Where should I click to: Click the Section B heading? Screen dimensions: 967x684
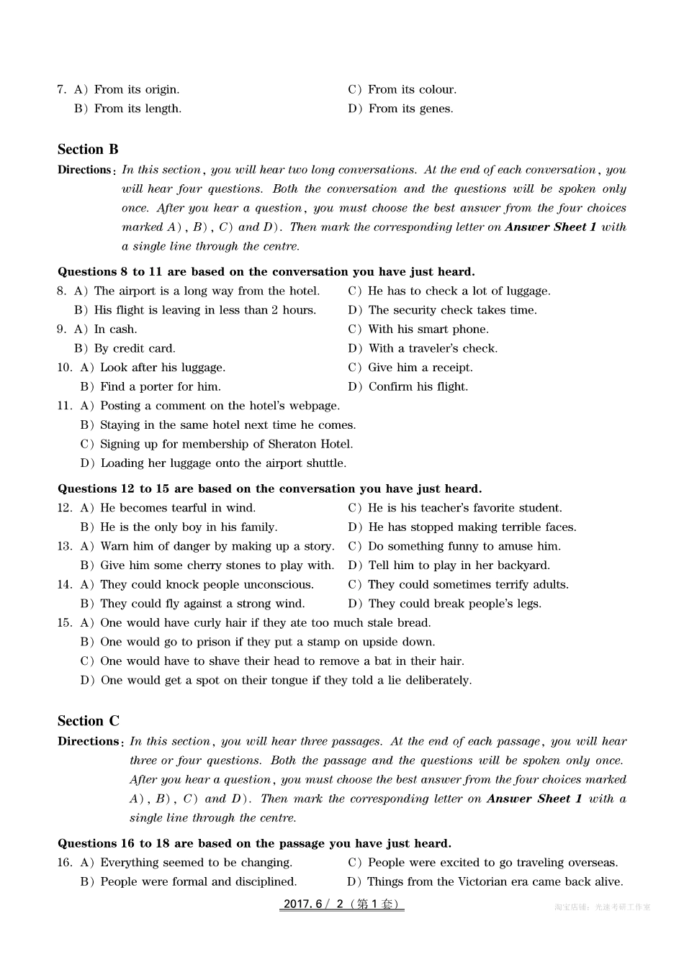(x=88, y=150)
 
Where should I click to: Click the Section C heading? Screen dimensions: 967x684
(x=89, y=721)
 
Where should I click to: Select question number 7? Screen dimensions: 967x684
(x=61, y=90)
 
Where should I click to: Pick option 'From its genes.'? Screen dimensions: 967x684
(x=410, y=109)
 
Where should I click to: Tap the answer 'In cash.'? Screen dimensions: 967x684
(x=115, y=330)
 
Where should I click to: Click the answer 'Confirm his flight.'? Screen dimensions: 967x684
(x=418, y=387)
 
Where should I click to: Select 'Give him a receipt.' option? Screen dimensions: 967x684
(x=420, y=368)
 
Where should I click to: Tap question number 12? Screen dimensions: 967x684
(x=65, y=508)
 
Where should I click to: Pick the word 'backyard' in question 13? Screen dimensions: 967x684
(x=523, y=566)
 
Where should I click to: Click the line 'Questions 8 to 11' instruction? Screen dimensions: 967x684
(x=266, y=272)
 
